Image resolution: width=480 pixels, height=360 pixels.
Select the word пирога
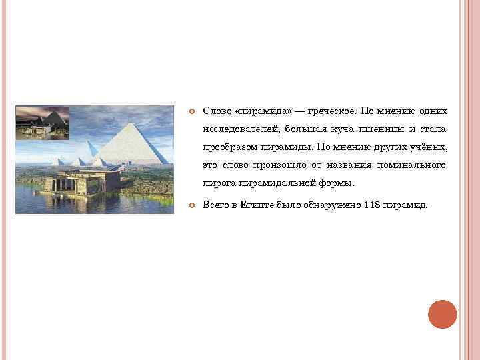[221, 183]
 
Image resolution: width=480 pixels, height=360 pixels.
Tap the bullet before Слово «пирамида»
[190, 111]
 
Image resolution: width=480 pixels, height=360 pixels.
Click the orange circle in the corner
[442, 314]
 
